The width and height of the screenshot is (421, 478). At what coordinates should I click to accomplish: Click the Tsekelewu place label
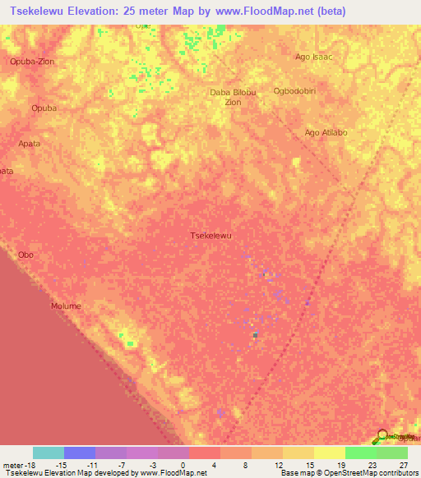click(x=211, y=236)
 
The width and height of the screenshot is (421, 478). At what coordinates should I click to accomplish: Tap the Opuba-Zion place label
click(x=30, y=62)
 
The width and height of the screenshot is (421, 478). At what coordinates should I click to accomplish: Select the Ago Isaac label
click(x=313, y=57)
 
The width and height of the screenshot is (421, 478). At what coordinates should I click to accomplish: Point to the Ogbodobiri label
click(x=317, y=91)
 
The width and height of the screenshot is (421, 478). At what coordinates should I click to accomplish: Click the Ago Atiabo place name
click(x=325, y=132)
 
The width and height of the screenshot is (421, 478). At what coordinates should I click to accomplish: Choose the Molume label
click(x=66, y=306)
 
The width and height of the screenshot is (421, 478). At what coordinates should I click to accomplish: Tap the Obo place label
click(x=25, y=255)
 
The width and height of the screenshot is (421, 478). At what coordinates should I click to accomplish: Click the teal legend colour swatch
click(x=49, y=453)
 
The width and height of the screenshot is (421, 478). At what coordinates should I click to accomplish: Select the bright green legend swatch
click(x=361, y=453)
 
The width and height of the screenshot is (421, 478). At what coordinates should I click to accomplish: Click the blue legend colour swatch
click(x=80, y=453)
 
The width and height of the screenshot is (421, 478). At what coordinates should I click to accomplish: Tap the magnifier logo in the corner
click(x=382, y=437)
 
